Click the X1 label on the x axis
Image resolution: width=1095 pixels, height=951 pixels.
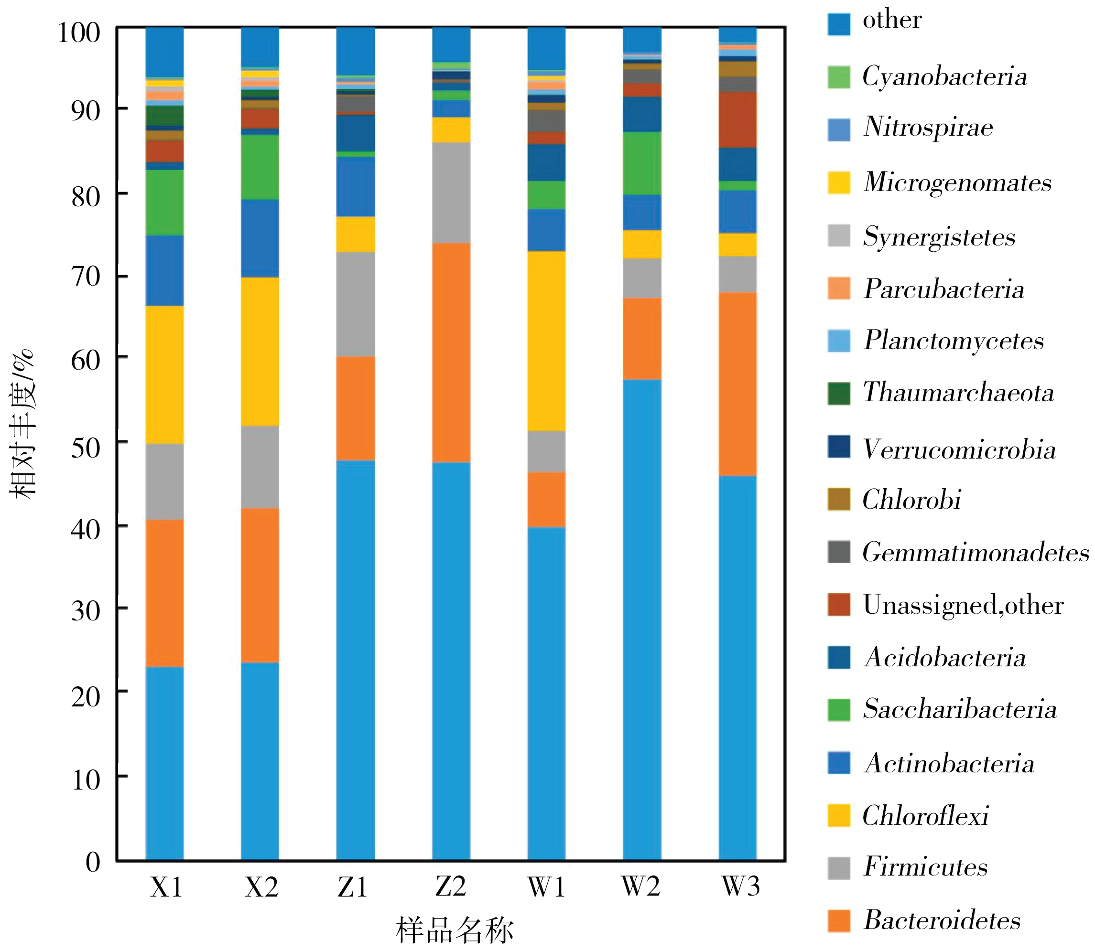(166, 887)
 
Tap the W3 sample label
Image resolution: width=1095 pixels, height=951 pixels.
(740, 887)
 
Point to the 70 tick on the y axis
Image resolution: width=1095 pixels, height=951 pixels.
(86, 277)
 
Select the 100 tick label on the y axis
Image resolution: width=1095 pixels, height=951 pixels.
(78, 33)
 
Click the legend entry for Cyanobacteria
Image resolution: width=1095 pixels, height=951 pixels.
(944, 76)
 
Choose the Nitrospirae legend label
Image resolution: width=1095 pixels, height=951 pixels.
(928, 128)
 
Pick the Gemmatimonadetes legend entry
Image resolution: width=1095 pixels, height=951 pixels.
(975, 553)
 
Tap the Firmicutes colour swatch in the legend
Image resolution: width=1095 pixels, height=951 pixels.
(838, 868)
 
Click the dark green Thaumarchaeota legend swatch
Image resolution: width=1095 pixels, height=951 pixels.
(838, 393)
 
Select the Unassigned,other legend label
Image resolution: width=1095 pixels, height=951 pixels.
(963, 605)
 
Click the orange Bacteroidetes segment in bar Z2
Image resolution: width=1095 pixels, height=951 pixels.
(451, 353)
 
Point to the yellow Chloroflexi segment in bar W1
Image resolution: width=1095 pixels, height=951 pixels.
(546, 341)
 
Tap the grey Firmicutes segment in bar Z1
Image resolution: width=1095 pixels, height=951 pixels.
(355, 304)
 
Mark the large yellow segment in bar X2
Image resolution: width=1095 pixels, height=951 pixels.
(260, 352)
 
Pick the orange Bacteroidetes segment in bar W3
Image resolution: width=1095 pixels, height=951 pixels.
(737, 384)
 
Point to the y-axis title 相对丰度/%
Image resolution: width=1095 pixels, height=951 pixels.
(22, 425)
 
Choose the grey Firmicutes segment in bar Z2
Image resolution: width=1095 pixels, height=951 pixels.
(451, 192)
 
